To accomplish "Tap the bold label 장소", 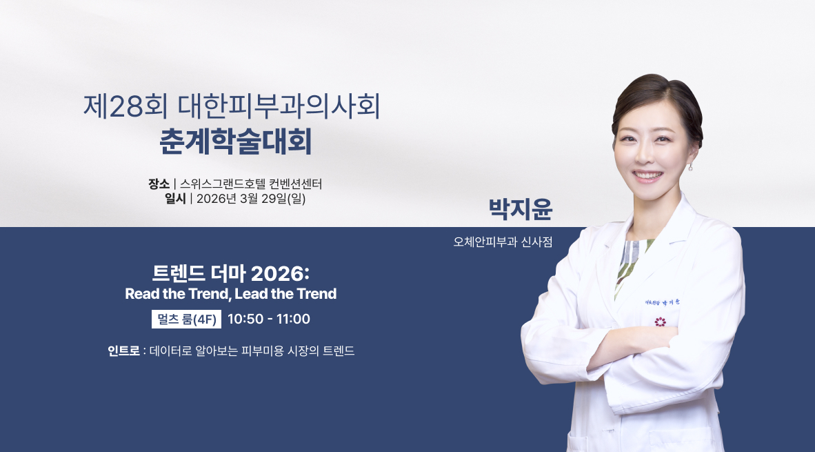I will pos(159,184).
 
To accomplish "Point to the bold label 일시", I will pos(175,199).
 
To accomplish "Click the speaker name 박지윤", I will pos(521,209).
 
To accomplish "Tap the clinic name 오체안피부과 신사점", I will pos(503,242).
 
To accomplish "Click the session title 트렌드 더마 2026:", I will pos(230,273).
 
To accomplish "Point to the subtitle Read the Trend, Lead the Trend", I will pos(230,294).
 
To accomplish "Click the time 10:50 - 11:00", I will pos(269,320).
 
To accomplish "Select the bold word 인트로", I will pos(123,351).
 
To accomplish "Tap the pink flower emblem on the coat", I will pos(660,322).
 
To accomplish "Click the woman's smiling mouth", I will pos(646,175).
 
